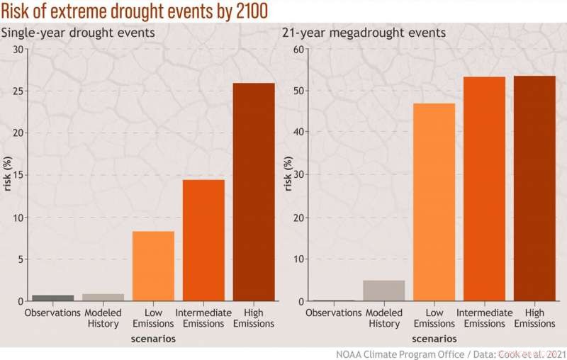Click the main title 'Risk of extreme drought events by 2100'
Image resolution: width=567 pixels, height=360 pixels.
(134, 12)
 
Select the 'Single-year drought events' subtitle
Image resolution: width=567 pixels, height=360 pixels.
(78, 33)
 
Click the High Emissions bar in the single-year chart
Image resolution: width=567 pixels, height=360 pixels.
(254, 192)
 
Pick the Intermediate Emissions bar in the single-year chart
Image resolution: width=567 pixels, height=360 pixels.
(203, 240)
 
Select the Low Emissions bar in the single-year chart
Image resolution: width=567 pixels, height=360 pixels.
(153, 266)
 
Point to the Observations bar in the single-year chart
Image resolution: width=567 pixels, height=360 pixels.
(52, 298)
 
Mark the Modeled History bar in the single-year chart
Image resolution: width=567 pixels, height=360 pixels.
(103, 297)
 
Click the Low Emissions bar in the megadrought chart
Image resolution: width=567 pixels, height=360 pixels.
(434, 202)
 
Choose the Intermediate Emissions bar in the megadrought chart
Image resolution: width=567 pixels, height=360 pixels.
(484, 189)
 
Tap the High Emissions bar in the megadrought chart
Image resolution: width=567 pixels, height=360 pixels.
(534, 188)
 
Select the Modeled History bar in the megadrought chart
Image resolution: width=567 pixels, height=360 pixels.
(383, 291)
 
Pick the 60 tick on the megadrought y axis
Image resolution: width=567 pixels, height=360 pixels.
(298, 49)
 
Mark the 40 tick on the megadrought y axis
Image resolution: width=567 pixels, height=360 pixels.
(298, 133)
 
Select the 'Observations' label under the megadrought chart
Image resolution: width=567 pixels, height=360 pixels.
(334, 313)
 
